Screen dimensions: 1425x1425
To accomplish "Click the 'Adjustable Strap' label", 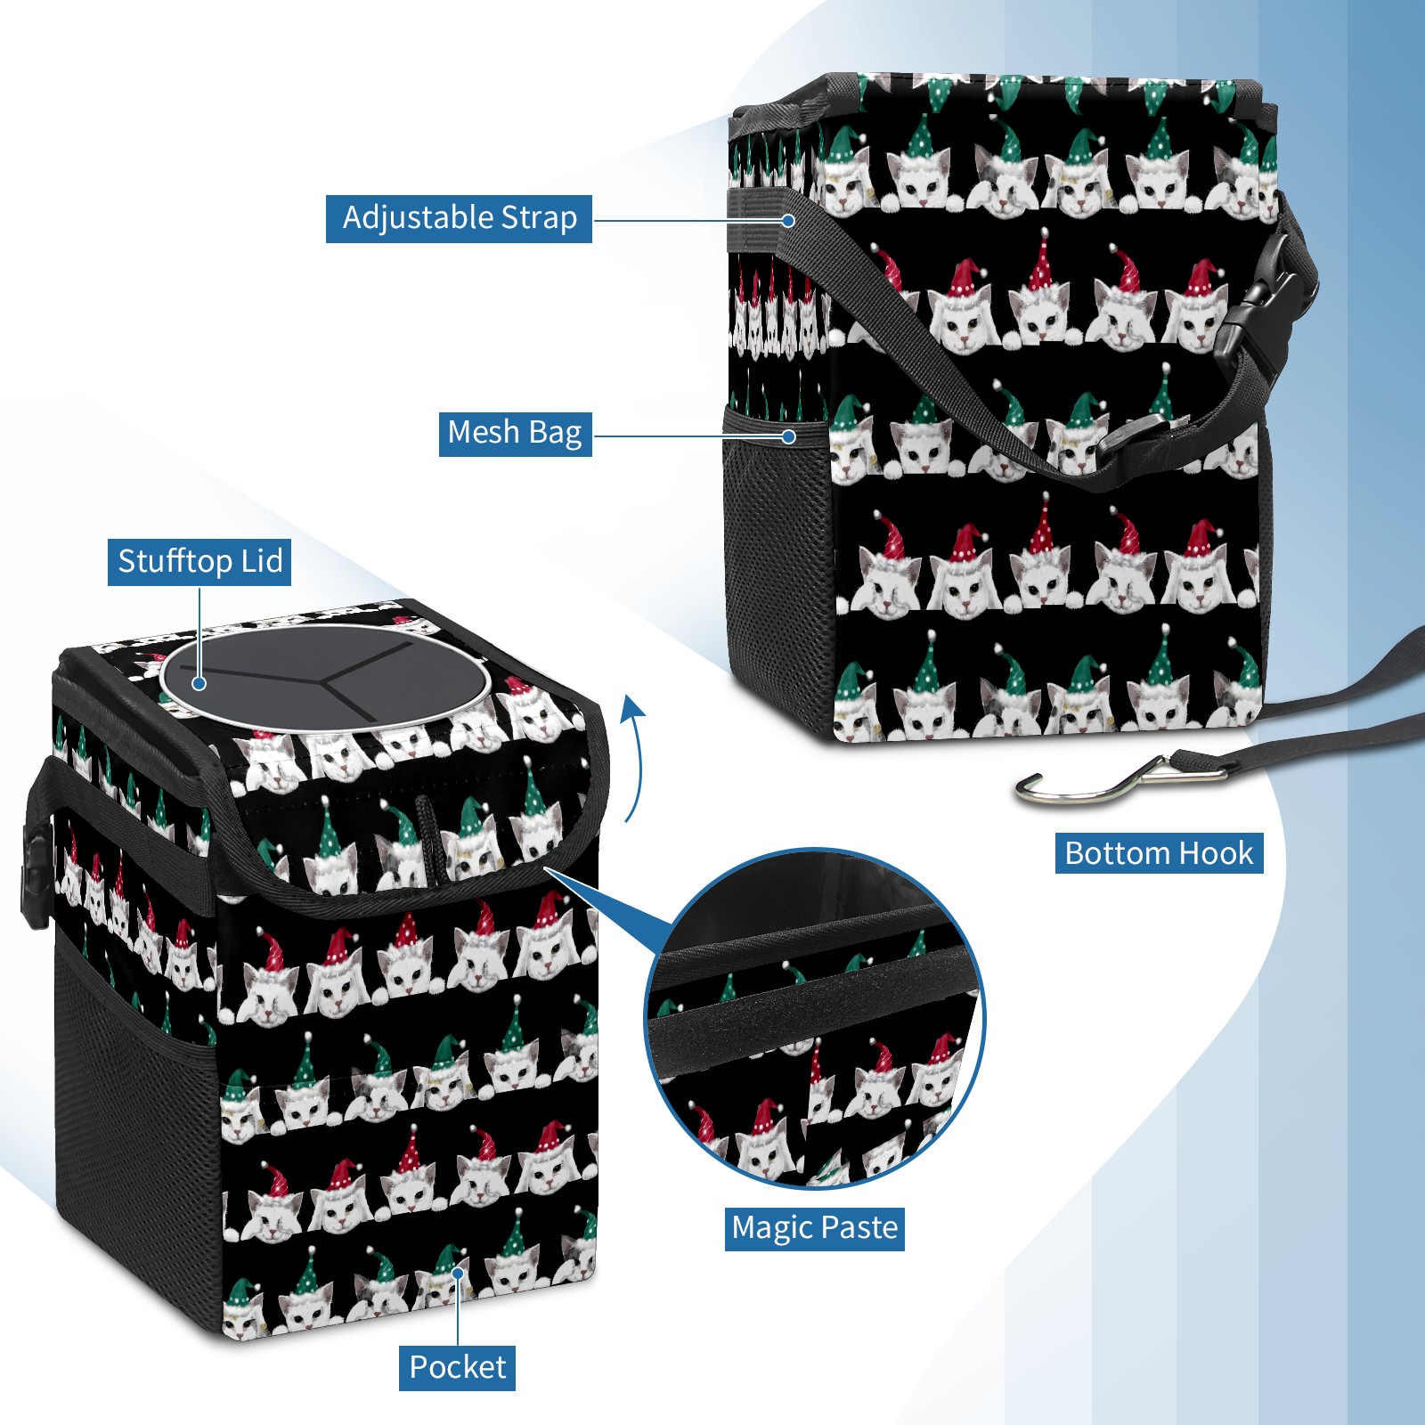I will click(459, 218).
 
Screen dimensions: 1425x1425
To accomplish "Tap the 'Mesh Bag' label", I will click(515, 433).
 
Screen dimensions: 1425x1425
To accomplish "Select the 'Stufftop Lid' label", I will click(199, 562).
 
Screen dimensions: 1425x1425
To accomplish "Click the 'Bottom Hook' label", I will click(1159, 853).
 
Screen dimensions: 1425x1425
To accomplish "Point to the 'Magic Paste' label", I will click(814, 1228).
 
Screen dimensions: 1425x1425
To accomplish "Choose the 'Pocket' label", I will click(457, 1367).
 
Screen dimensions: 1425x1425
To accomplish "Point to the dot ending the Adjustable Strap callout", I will click(788, 219).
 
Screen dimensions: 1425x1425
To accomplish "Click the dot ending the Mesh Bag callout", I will click(788, 436).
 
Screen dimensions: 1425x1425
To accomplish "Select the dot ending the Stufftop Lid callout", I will click(199, 683).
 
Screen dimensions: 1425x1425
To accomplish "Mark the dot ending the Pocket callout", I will click(458, 1274).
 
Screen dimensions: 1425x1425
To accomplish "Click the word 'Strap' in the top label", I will click(539, 218).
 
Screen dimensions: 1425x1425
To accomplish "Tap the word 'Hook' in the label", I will click(1216, 853).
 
